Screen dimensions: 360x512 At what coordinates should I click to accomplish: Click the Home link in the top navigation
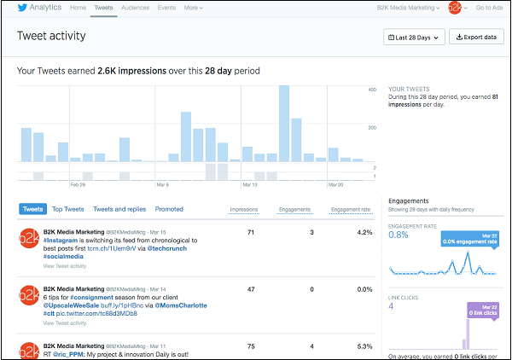tap(78, 8)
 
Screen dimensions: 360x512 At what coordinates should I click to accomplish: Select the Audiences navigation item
tap(135, 8)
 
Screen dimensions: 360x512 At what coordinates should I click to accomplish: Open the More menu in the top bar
tap(195, 8)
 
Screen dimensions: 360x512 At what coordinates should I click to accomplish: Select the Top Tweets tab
tap(68, 209)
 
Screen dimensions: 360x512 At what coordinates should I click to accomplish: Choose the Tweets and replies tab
tap(119, 209)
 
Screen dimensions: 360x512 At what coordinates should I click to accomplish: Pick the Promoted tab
tap(169, 209)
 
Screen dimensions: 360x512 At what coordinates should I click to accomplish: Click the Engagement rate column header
tap(350, 209)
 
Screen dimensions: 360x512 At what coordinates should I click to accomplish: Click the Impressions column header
tap(244, 209)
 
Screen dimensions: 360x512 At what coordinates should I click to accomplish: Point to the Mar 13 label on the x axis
tap(250, 184)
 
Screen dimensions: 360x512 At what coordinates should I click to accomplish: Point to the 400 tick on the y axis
tap(372, 90)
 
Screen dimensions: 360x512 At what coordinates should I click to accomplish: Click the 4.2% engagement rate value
tap(364, 232)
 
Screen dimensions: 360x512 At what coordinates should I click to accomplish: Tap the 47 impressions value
tap(251, 290)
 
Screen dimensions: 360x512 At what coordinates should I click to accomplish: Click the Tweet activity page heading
tap(56, 38)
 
